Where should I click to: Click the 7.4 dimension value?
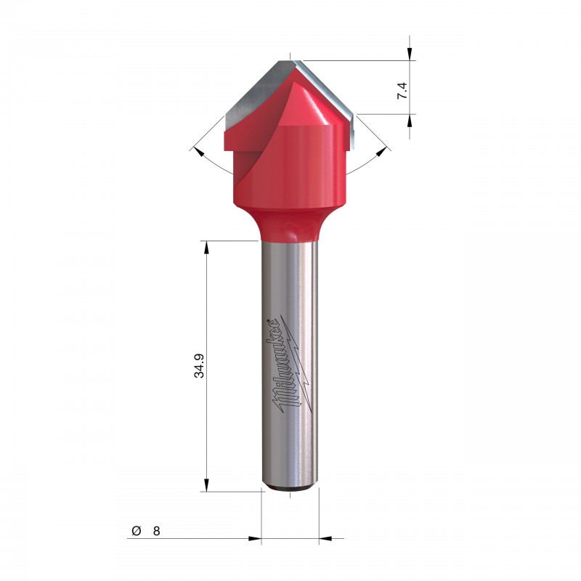pyautogui.click(x=402, y=91)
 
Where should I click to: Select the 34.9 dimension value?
pyautogui.click(x=199, y=366)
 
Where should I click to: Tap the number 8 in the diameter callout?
pyautogui.click(x=156, y=531)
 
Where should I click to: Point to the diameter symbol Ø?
pyautogui.click(x=137, y=531)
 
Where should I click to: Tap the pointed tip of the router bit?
pyautogui.click(x=290, y=60)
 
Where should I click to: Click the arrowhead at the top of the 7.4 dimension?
pyautogui.click(x=410, y=53)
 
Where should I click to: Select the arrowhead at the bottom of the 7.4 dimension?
pyautogui.click(x=410, y=121)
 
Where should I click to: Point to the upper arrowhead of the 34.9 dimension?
pyautogui.click(x=206, y=248)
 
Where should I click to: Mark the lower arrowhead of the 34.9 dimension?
pyautogui.click(x=206, y=484)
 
